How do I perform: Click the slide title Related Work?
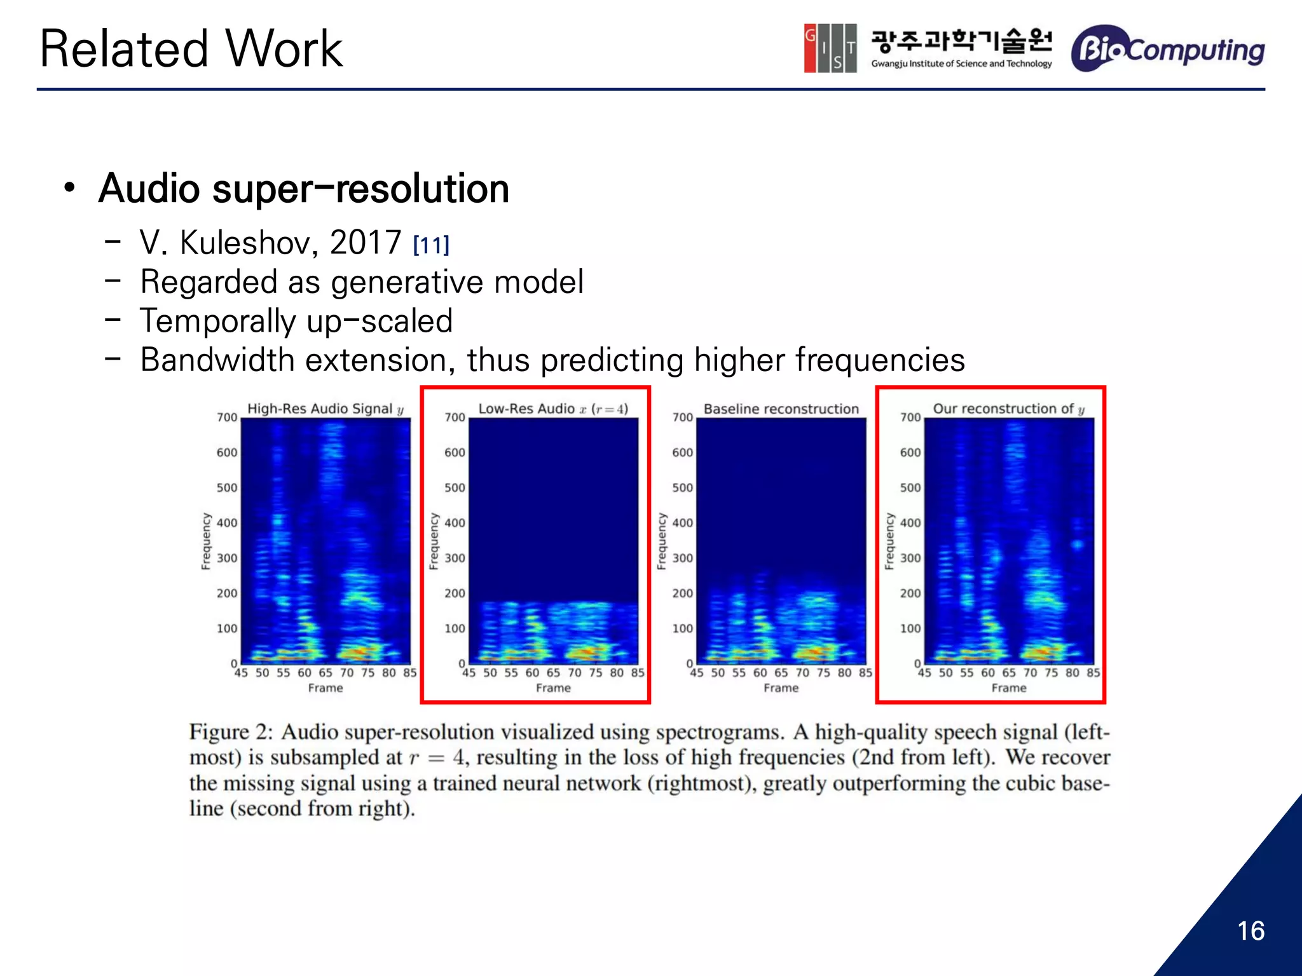coord(191,49)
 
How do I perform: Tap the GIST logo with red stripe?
coord(830,48)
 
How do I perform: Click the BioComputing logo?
coord(1168,49)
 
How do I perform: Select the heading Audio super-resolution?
coord(304,189)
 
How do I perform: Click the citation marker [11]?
coord(431,245)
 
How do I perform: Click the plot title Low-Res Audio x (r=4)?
coord(553,409)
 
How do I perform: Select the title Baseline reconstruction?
coord(781,409)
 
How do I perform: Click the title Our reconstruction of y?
coord(1008,409)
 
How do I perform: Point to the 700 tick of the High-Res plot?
coord(227,417)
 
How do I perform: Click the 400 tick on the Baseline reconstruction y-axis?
coord(682,523)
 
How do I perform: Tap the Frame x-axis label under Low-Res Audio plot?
coord(553,688)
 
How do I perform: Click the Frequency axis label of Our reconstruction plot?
coord(889,541)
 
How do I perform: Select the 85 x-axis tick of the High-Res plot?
coord(410,673)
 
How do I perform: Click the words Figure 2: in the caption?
coord(230,733)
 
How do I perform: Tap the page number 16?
coord(1251,931)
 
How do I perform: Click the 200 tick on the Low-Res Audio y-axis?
coord(455,593)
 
